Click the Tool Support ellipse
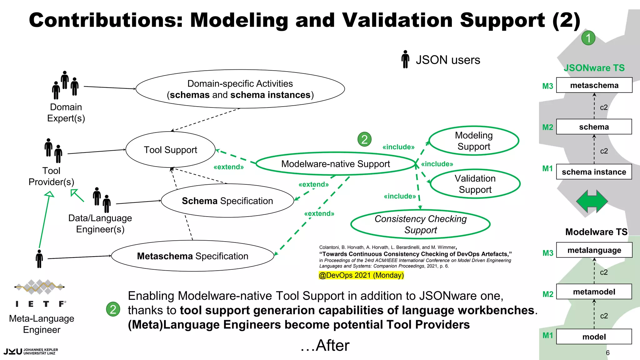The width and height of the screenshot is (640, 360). point(170,150)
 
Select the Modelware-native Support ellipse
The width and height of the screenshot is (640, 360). point(335,164)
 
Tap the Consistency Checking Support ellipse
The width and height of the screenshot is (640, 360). point(420,224)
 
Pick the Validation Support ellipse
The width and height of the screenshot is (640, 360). point(475,184)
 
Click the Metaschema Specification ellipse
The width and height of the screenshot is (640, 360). point(192,256)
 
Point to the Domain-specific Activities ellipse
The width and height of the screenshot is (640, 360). point(240,89)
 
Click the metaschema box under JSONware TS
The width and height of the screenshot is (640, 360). point(594,85)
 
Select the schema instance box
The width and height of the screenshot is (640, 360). point(594,172)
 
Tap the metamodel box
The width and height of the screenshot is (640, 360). point(594,292)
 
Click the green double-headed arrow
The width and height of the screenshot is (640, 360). point(592,202)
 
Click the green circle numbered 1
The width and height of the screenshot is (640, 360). point(588,38)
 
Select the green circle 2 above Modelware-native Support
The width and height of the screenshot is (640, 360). point(364,139)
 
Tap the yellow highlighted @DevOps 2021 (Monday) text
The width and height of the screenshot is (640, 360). point(361,275)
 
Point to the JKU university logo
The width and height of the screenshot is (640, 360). point(31,352)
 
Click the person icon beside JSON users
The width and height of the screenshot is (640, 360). point(405,59)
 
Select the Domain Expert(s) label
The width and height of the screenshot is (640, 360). point(66,112)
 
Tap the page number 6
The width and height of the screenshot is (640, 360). point(607,353)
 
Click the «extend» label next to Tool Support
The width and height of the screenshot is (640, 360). point(228,167)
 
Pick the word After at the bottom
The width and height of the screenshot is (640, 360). point(332,346)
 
